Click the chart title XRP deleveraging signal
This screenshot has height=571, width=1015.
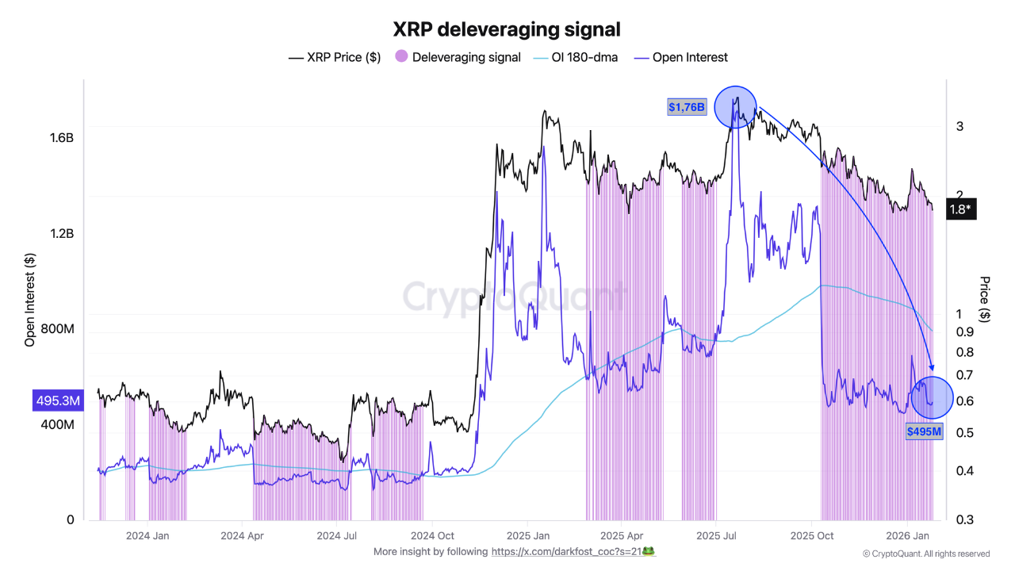(507, 29)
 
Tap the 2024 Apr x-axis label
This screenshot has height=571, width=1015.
(243, 535)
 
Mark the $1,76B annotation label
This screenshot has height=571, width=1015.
(687, 107)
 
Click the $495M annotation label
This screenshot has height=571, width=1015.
(925, 431)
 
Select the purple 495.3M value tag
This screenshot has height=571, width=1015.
(57, 401)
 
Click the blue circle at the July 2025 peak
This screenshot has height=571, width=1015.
(737, 107)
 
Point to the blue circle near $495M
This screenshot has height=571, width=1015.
(932, 397)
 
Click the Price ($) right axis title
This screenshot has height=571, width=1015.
(984, 299)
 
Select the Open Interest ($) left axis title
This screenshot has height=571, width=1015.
(30, 299)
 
